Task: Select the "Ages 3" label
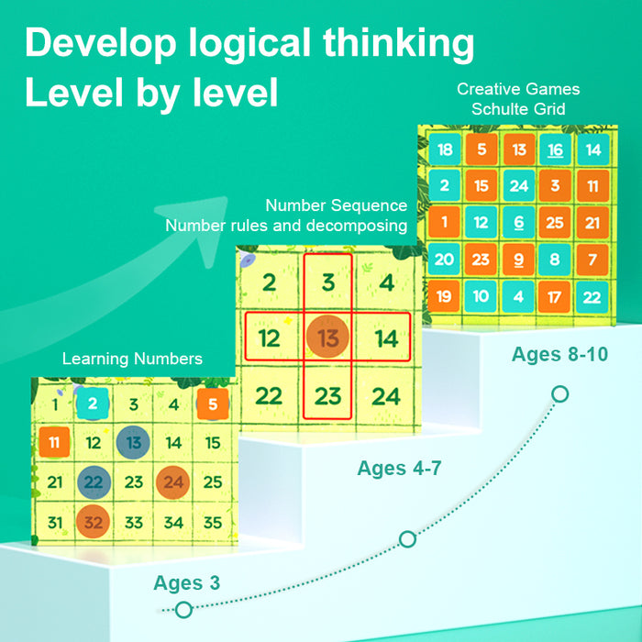point(186,582)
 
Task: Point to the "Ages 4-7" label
point(400,469)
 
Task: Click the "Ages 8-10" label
point(559,355)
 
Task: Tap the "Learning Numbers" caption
point(132,359)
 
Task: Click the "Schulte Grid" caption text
point(518,109)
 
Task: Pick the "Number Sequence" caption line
point(336,205)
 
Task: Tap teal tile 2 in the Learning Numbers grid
point(93,404)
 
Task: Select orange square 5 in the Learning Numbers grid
point(212,404)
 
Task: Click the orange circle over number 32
point(93,522)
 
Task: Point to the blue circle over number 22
point(93,481)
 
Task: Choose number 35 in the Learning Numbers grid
point(213,523)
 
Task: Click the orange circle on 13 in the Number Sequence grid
point(327,338)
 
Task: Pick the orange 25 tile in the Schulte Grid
point(553,223)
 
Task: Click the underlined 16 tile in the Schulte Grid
point(555,149)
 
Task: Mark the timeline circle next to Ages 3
point(183,609)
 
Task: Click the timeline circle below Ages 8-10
point(560,394)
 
